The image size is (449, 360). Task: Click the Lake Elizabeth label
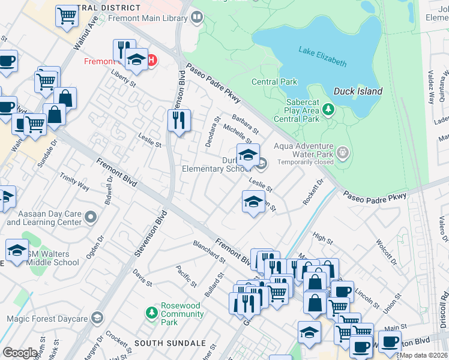point(322,55)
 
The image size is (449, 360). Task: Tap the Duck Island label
point(358,91)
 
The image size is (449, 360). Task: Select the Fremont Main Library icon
point(197,18)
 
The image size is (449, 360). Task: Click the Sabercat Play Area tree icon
point(328,109)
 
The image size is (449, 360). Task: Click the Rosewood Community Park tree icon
point(152,313)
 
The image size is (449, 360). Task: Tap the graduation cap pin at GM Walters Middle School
point(17,250)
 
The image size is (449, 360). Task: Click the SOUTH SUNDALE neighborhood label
point(166,343)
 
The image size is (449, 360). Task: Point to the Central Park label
point(274,82)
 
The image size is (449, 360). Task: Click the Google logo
point(20,353)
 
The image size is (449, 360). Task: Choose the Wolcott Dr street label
point(385,253)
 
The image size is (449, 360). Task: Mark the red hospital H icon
point(152,60)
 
